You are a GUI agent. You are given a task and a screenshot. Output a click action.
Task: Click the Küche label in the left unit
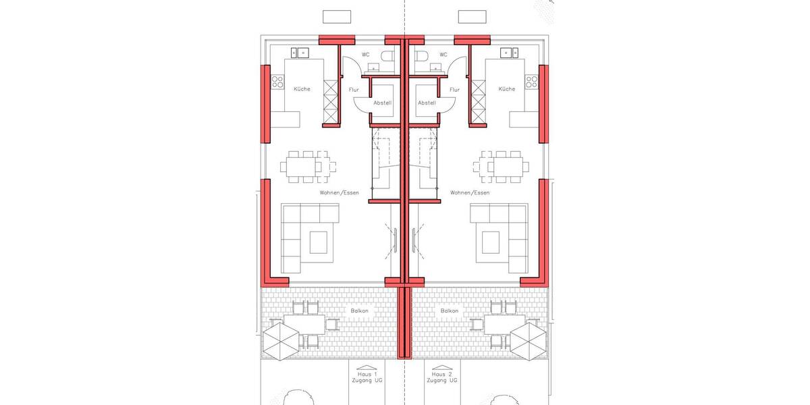click(x=302, y=89)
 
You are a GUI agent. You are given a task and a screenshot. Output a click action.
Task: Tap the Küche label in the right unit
click(x=506, y=89)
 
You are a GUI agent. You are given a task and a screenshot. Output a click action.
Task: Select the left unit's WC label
click(x=365, y=55)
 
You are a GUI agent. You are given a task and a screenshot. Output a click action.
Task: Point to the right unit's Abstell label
click(x=427, y=103)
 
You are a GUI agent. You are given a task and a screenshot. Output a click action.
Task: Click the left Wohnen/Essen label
click(x=340, y=193)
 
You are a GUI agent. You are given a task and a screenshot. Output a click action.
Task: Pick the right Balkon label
click(x=450, y=311)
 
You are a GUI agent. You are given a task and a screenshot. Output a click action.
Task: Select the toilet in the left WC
click(x=387, y=56)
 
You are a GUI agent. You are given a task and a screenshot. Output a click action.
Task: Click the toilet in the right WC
click(x=421, y=56)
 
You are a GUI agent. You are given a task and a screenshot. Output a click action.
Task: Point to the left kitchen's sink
click(x=299, y=52)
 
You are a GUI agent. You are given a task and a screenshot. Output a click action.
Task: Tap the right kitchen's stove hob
click(x=531, y=82)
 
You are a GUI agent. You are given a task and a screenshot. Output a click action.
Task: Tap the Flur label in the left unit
click(x=354, y=90)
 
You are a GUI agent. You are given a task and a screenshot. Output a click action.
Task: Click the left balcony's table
click(x=304, y=324)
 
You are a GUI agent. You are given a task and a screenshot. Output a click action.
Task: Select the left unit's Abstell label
click(x=383, y=103)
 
